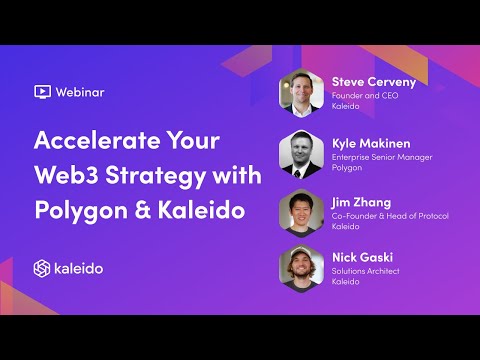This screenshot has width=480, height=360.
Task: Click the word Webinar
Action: (80, 92)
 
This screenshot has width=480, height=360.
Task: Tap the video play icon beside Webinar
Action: (43, 92)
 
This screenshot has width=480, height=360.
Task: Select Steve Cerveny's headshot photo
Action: (302, 96)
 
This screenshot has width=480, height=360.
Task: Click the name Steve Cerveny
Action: (373, 81)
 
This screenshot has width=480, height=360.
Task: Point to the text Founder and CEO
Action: (364, 95)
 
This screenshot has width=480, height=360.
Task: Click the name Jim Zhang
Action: (360, 202)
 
